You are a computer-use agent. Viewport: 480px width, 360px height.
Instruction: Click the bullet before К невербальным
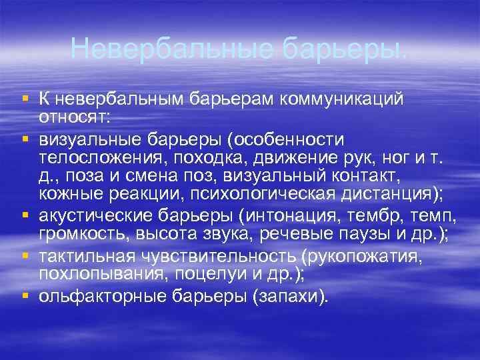click(25, 99)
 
